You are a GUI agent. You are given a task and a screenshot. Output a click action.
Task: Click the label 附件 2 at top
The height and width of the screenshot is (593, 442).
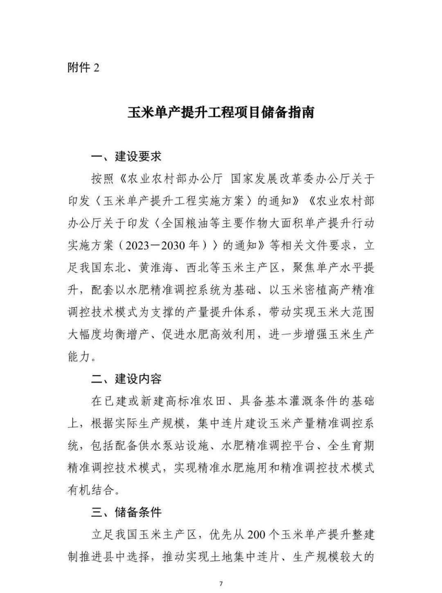(83, 67)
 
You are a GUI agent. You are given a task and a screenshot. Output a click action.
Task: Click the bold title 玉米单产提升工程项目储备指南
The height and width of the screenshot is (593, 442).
(221, 112)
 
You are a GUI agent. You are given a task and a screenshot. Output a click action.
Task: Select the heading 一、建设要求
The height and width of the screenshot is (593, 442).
(126, 156)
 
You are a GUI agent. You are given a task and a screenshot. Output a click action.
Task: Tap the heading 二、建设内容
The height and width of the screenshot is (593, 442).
(126, 379)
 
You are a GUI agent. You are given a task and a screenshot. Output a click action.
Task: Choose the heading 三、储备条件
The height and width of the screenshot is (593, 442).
(126, 512)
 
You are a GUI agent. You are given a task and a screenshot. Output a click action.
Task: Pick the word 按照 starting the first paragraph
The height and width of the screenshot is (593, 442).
(103, 179)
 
